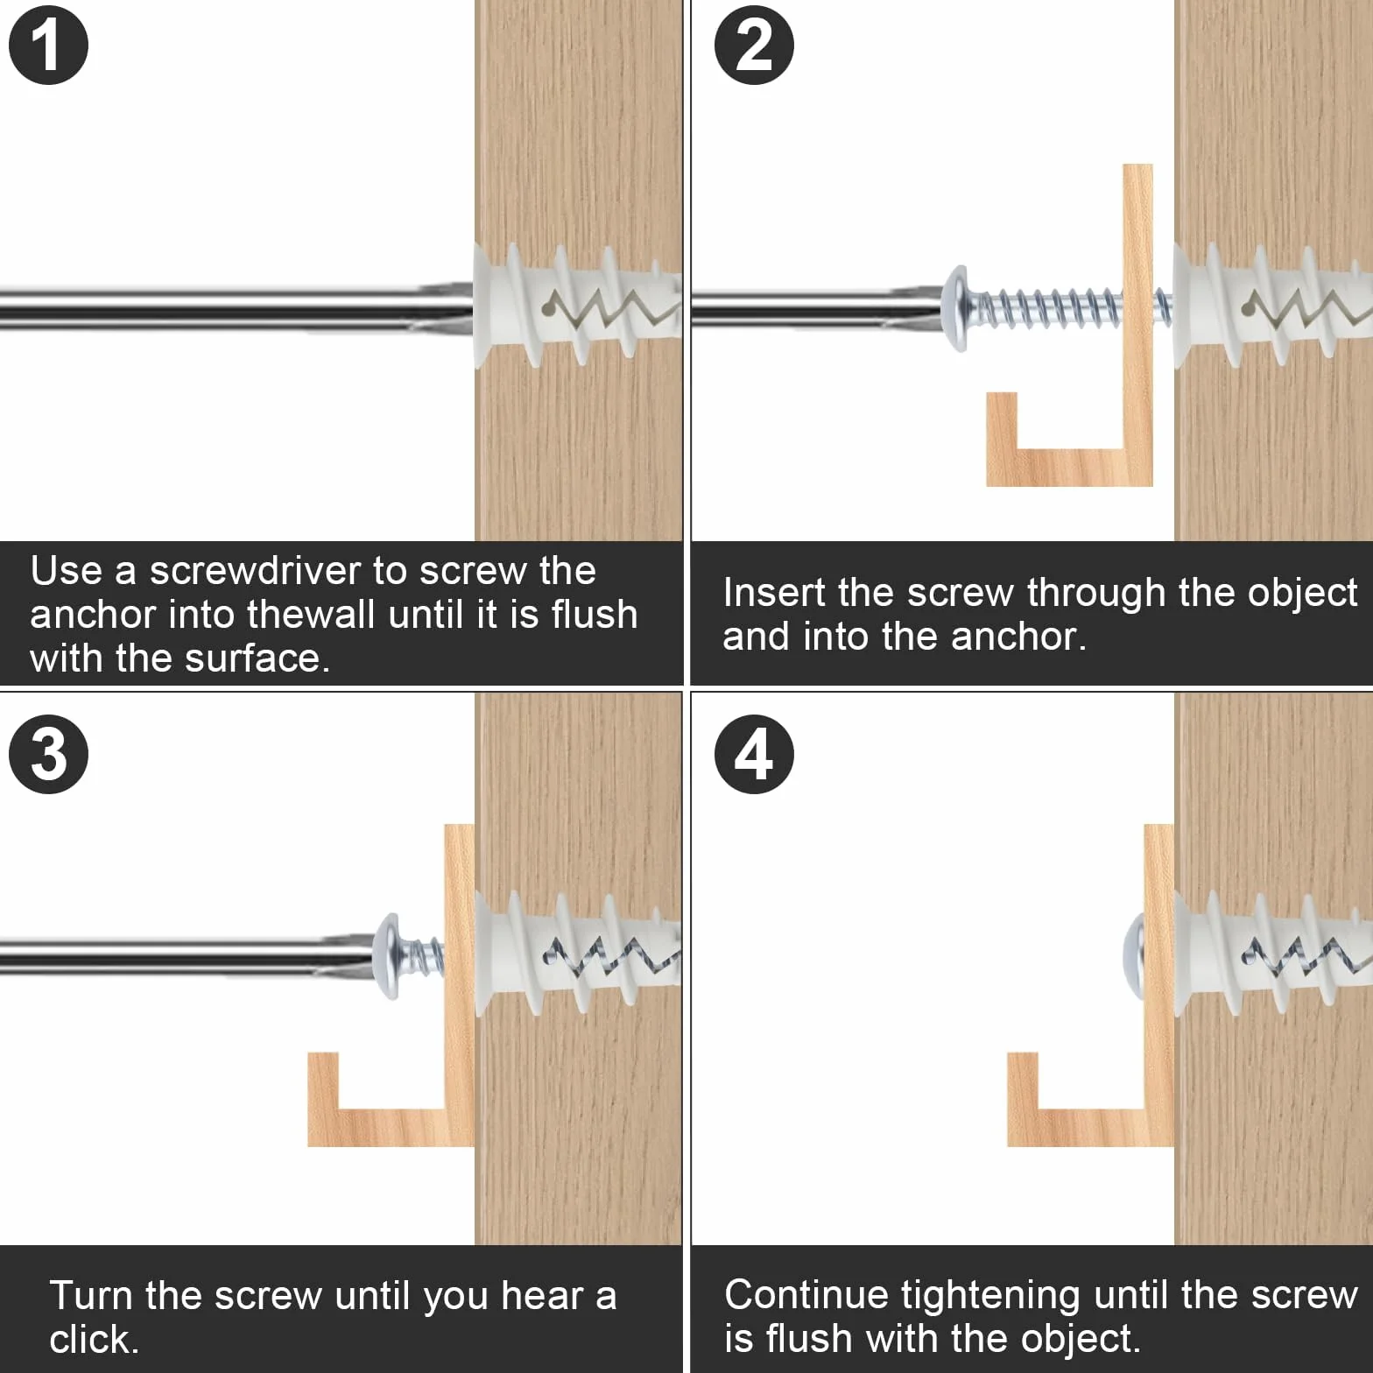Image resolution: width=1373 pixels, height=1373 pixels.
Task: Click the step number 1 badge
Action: [x=48, y=45]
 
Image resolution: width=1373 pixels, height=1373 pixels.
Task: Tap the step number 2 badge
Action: [x=754, y=45]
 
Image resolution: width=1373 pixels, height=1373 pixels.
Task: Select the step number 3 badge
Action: [x=48, y=754]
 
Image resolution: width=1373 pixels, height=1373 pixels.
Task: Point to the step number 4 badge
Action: [x=754, y=754]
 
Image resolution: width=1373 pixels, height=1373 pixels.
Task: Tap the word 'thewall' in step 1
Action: [x=311, y=614]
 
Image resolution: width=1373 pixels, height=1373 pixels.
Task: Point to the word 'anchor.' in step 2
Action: [x=1018, y=637]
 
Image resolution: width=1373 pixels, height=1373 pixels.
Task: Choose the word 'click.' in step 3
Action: [x=94, y=1340]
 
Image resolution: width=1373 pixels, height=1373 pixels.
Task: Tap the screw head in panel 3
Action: [x=388, y=956]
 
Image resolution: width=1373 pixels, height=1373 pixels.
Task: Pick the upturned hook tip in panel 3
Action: [x=322, y=1077]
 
